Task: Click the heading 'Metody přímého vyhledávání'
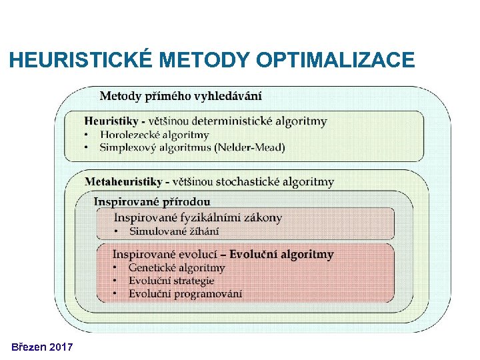pyautogui.click(x=181, y=96)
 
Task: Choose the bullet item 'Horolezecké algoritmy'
pyautogui.click(x=154, y=135)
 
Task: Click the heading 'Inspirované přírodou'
pyautogui.click(x=151, y=201)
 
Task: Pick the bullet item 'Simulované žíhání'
pyautogui.click(x=174, y=231)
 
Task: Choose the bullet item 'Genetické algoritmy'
pyautogui.click(x=177, y=268)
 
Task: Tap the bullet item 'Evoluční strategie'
pyautogui.click(x=171, y=281)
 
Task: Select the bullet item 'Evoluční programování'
pyautogui.click(x=185, y=293)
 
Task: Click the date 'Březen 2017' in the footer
pyautogui.click(x=42, y=347)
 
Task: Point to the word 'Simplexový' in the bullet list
pyautogui.click(x=128, y=147)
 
